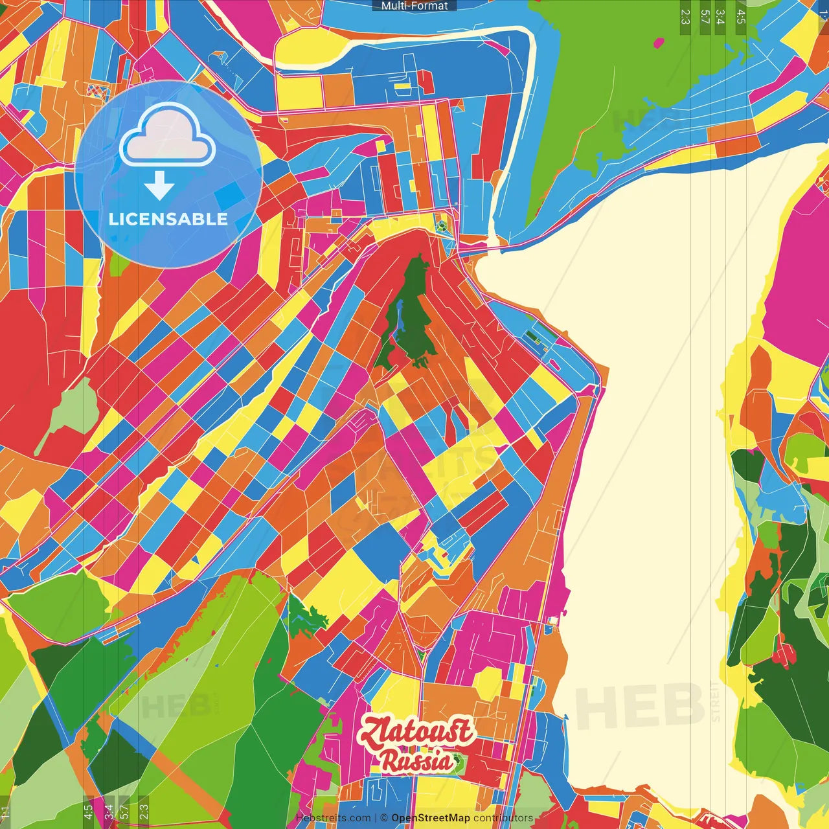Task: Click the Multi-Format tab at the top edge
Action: click(x=414, y=5)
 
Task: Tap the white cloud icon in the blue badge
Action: click(x=167, y=136)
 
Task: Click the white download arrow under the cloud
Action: click(x=159, y=187)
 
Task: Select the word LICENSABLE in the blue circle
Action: click(x=168, y=219)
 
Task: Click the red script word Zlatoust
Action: click(x=416, y=732)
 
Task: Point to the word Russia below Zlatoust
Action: click(x=416, y=760)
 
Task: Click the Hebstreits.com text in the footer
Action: click(x=334, y=818)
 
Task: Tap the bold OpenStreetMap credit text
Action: click(x=431, y=818)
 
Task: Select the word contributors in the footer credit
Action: click(x=503, y=818)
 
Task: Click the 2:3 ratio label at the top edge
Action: click(x=685, y=17)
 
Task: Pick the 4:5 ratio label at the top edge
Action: click(x=741, y=17)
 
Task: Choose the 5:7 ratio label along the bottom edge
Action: click(x=124, y=810)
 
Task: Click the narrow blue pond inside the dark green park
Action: click(x=400, y=316)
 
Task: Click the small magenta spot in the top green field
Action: click(x=659, y=43)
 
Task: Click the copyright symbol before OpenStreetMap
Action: click(x=383, y=818)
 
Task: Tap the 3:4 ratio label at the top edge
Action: click(x=720, y=17)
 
